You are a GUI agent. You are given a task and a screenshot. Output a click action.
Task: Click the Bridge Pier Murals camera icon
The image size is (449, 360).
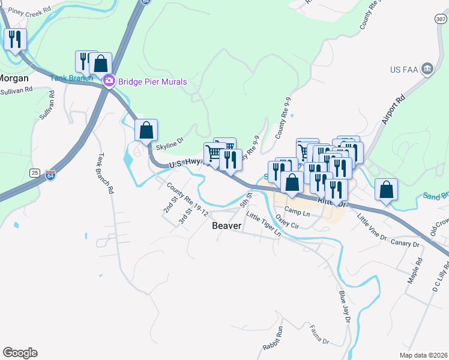(109, 81)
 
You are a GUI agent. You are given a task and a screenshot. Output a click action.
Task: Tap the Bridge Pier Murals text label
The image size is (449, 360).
(152, 82)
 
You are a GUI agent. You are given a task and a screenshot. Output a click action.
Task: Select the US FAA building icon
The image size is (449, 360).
(427, 68)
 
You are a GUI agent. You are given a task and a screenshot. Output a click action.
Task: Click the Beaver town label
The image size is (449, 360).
(227, 226)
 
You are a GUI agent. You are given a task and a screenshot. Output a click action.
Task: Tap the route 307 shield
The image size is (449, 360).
(441, 20)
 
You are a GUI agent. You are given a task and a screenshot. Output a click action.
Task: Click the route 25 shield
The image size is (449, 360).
(35, 173)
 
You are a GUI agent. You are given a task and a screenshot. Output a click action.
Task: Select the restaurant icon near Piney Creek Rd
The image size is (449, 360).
(14, 40)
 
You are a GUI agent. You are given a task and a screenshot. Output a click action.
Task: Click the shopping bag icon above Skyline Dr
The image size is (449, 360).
(146, 129)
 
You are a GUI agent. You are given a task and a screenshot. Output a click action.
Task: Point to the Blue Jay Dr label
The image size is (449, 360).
(344, 307)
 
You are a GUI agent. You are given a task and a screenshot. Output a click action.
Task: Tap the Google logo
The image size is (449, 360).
(20, 353)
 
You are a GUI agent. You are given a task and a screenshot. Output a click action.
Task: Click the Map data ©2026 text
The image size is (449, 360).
(424, 355)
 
